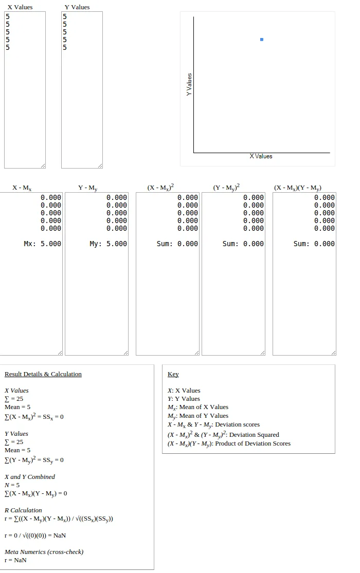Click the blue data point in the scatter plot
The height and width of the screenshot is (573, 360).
click(x=262, y=40)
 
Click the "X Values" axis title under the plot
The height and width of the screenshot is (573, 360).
click(x=261, y=156)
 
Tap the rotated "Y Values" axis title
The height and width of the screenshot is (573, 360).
click(x=189, y=84)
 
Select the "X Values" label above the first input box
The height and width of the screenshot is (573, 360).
click(x=20, y=7)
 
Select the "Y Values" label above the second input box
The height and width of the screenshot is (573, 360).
click(x=77, y=7)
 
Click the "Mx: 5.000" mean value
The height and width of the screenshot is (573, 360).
click(x=43, y=244)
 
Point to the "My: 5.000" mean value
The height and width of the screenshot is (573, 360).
click(x=108, y=244)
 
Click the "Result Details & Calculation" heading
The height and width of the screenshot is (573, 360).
click(x=43, y=374)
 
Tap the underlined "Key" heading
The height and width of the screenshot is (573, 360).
click(x=173, y=374)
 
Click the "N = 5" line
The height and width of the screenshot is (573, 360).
click(x=12, y=485)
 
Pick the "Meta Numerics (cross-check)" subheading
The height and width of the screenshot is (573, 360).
click(x=44, y=552)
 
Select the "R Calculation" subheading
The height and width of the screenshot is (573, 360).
click(x=23, y=510)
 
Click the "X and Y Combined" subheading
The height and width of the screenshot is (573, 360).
click(x=30, y=477)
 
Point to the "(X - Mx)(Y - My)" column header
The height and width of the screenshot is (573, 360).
click(x=298, y=188)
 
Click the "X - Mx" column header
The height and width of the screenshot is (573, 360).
click(x=22, y=188)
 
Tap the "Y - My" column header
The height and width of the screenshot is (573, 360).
click(x=88, y=188)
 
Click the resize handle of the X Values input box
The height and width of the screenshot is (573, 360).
click(x=43, y=165)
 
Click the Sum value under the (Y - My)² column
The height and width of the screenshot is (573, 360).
click(x=243, y=244)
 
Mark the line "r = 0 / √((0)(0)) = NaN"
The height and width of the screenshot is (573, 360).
click(x=35, y=535)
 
